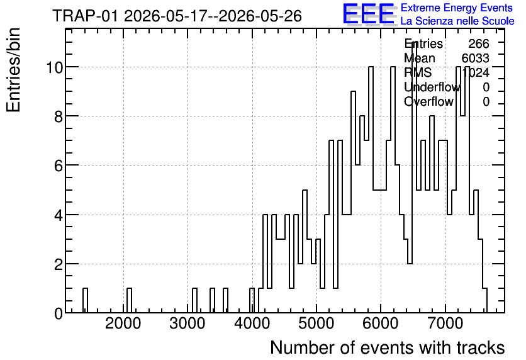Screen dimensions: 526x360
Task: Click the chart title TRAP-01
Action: (85, 16)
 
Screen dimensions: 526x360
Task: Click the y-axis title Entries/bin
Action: (13, 70)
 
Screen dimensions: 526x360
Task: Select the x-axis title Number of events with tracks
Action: (388, 347)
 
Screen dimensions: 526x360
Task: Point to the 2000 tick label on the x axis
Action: (123, 323)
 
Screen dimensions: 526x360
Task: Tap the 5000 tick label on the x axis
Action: (316, 323)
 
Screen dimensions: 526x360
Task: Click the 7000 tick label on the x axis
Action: (445, 323)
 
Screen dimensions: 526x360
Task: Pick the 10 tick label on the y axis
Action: (54, 67)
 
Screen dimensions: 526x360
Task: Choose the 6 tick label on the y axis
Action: (59, 166)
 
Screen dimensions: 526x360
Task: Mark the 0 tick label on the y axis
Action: (59, 313)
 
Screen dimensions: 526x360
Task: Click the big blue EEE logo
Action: (368, 14)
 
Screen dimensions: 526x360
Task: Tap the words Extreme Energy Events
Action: (457, 8)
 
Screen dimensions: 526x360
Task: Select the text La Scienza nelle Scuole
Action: (457, 21)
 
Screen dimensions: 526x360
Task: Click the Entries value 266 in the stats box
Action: (479, 43)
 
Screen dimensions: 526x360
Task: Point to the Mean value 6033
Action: (475, 58)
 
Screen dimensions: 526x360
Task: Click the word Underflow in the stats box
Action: (432, 87)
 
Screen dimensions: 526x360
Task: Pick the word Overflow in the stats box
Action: (428, 101)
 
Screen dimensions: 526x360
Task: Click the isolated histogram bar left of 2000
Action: (85, 300)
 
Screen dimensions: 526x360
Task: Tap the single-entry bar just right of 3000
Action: (194, 300)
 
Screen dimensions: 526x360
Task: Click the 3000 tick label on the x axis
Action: (187, 323)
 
